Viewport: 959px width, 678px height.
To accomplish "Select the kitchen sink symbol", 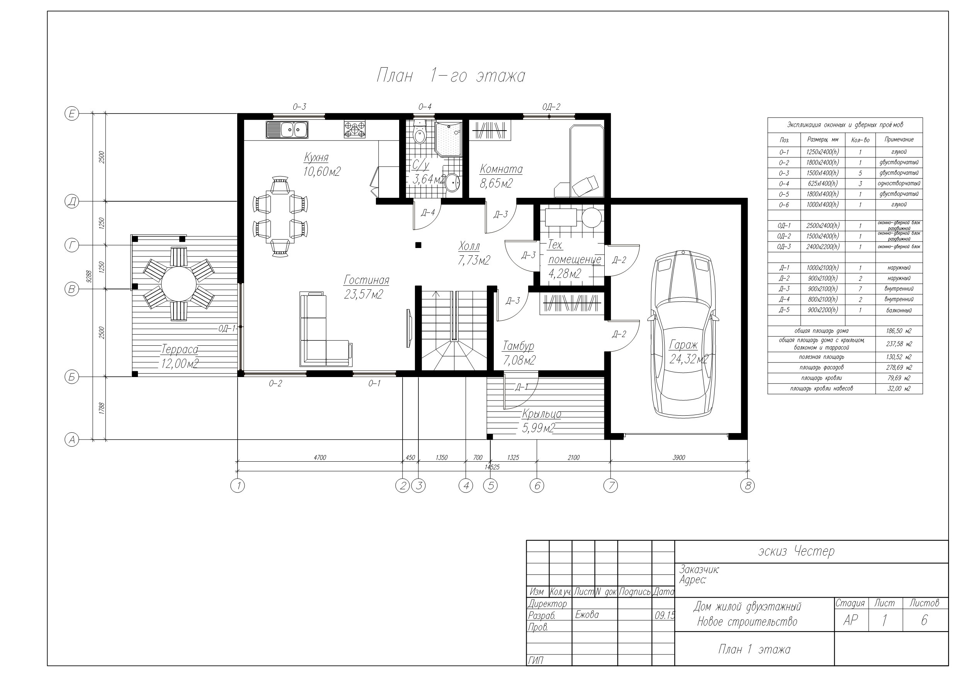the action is (287, 129).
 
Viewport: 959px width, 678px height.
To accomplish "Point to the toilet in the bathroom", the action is (419, 133).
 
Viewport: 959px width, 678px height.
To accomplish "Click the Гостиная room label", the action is (366, 279).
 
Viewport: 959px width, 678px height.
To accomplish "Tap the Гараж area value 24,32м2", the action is (689, 359).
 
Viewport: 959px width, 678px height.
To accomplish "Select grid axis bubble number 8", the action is (747, 486).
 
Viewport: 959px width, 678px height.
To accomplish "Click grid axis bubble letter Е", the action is (72, 114).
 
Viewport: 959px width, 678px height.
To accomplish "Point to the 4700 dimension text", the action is (320, 457).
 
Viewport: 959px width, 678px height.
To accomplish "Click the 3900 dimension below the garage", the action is (679, 457).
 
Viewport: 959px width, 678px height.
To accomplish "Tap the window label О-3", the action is (299, 107).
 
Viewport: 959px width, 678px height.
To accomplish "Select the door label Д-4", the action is (428, 212).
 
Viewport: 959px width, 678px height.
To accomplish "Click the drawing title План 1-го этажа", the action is (451, 76).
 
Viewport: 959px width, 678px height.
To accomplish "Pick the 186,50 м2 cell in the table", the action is (899, 331).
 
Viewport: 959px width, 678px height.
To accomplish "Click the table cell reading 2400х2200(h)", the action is (823, 247).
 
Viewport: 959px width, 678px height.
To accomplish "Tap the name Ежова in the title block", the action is (587, 615).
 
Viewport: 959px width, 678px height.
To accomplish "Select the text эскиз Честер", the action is (796, 551).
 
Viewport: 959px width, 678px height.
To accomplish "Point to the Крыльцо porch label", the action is (541, 414).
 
